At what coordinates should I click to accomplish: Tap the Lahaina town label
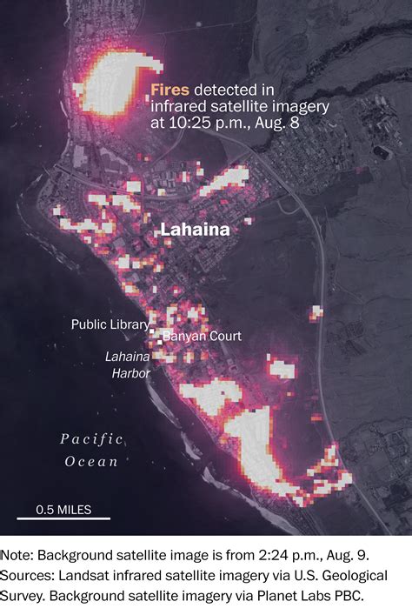[196, 231]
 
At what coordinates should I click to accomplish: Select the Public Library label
[110, 324]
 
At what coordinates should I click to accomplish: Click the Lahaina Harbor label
[128, 364]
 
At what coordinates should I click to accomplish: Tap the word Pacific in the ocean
[92, 439]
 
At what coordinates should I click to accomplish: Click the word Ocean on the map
[92, 462]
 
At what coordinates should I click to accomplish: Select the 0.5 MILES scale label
[63, 510]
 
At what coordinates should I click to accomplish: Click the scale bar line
[63, 520]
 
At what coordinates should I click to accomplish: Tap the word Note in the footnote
[19, 554]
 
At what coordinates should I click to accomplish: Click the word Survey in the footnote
[25, 596]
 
